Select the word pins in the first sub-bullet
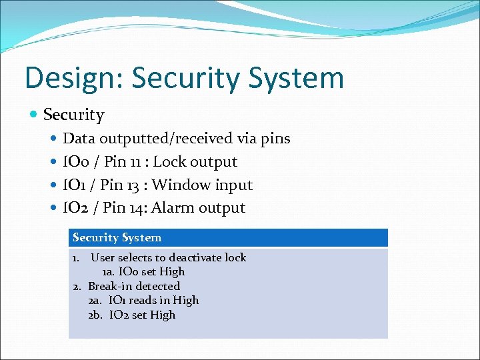tap(273, 139)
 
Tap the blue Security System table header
tap(228, 238)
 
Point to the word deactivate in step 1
tap(194, 257)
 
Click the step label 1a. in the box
tap(108, 272)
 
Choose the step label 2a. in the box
tap(96, 301)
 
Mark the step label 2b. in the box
tap(96, 315)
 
